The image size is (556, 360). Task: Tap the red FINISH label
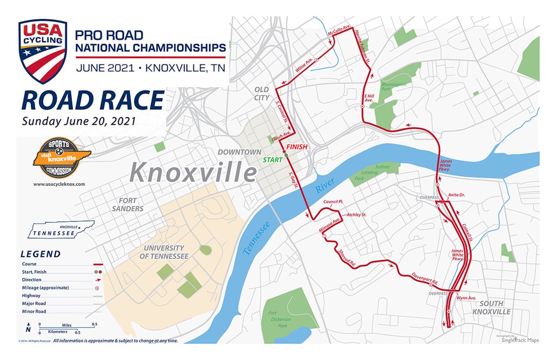tap(297, 147)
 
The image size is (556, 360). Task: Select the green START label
tap(273, 159)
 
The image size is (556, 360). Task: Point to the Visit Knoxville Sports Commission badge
tap(55, 158)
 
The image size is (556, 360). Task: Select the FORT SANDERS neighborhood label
tap(131, 204)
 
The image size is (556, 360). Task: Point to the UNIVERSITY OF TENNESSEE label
tap(166, 252)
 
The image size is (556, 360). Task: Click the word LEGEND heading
tap(40, 254)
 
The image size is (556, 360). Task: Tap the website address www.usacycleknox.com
tap(59, 184)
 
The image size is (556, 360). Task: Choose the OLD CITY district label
tap(262, 93)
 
